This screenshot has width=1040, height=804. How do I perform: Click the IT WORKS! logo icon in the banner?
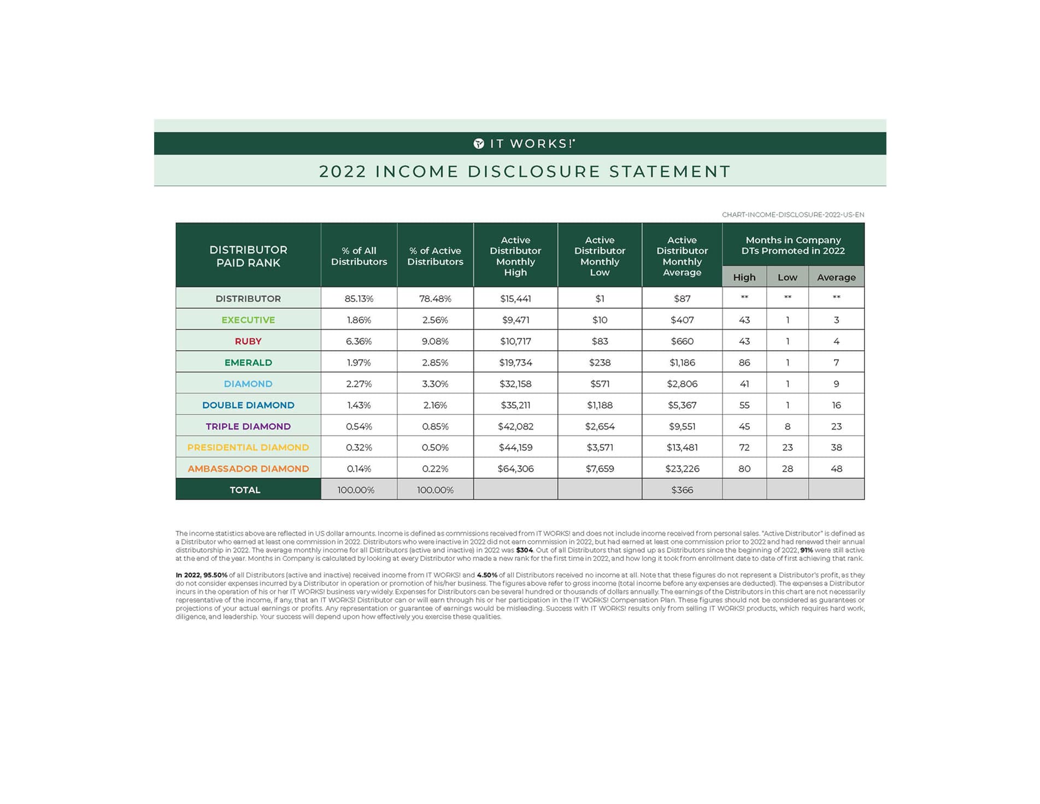pyautogui.click(x=479, y=144)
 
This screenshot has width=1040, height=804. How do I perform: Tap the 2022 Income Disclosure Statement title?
pyautogui.click(x=525, y=172)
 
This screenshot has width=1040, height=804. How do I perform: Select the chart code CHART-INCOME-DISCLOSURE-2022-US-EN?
pyautogui.click(x=792, y=215)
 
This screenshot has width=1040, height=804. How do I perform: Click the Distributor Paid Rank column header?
pyautogui.click(x=248, y=256)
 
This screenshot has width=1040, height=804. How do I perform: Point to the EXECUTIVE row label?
pyautogui.click(x=248, y=320)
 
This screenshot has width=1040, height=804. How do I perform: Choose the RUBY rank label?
pyautogui.click(x=248, y=341)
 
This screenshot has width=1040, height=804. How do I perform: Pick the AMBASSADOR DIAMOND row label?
pyautogui.click(x=248, y=468)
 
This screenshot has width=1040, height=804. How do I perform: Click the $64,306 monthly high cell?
pyautogui.click(x=515, y=468)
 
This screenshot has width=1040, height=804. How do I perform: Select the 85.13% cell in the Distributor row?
pyautogui.click(x=359, y=298)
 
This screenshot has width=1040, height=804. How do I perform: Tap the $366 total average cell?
pyautogui.click(x=682, y=490)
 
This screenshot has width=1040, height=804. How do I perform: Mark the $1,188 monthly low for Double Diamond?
pyautogui.click(x=600, y=405)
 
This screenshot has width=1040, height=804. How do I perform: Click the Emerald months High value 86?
pyautogui.click(x=744, y=362)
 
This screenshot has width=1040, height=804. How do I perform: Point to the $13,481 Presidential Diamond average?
pyautogui.click(x=682, y=447)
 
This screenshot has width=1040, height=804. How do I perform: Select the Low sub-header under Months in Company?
pyautogui.click(x=787, y=277)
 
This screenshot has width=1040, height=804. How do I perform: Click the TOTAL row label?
pyautogui.click(x=245, y=490)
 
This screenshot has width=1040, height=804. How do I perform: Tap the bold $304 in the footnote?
pyautogui.click(x=524, y=550)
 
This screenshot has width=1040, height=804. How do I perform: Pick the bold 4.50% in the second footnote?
pyautogui.click(x=487, y=575)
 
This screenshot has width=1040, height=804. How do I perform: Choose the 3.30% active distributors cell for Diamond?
pyautogui.click(x=435, y=384)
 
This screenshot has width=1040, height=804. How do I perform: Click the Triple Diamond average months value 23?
pyautogui.click(x=836, y=426)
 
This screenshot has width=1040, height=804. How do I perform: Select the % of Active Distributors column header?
pyautogui.click(x=435, y=256)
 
